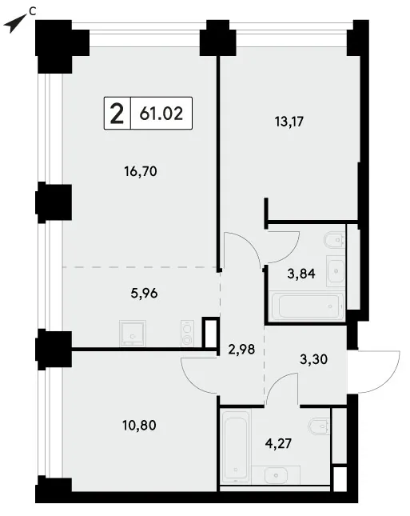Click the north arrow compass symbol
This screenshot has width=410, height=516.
coord(14,24)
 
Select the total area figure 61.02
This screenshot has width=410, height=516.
coord(161,114)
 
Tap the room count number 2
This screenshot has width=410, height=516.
coord(117,114)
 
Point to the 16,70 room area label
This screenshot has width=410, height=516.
coord(141,171)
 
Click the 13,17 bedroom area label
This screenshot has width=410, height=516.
coord(289,122)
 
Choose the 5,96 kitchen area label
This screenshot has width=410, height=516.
coord(144,293)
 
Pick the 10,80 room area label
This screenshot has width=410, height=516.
coord(139,425)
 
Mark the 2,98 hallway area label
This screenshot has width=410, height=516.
coord(241,349)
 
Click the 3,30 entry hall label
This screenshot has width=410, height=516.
coord(313,359)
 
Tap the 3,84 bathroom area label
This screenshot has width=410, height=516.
coord(301,274)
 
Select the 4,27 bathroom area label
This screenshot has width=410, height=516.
coord(278,443)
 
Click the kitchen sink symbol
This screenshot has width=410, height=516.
coord(133,333)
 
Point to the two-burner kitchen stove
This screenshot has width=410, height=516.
coord(187,333)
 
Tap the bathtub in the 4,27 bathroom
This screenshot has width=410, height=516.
coord(236,446)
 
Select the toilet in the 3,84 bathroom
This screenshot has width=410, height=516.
coord(334,240)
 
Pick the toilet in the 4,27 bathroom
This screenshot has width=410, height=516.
coord(320,427)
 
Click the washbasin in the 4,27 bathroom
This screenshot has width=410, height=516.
coord(277,475)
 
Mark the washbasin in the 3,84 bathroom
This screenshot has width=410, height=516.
coord(336,270)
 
